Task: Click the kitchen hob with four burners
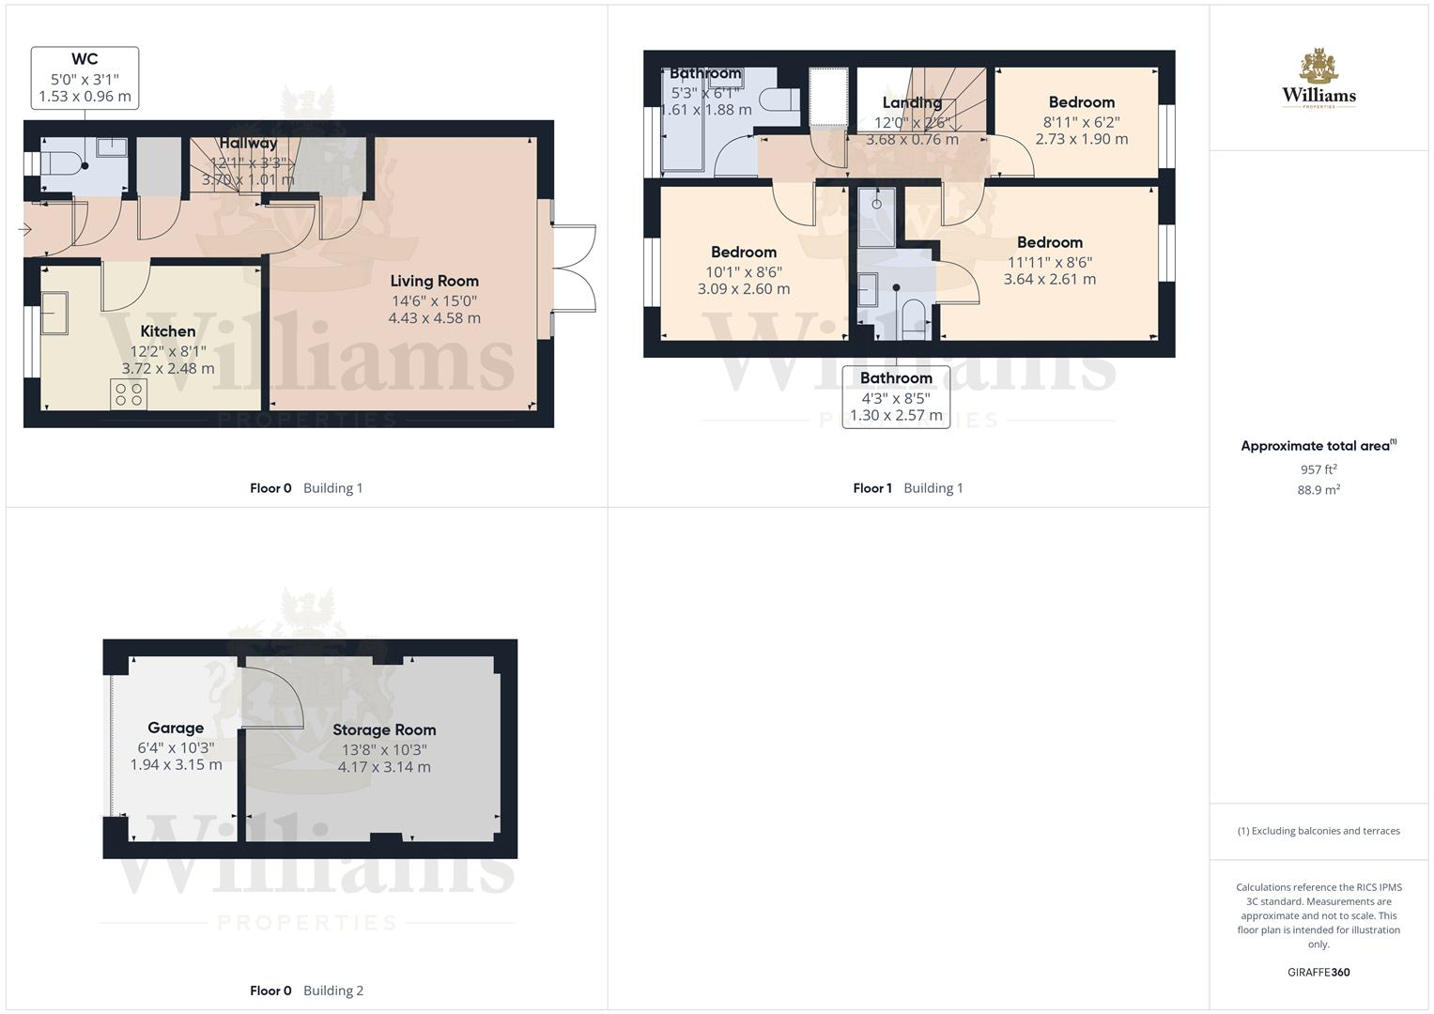(130, 393)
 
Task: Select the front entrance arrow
(23, 229)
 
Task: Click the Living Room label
(434, 281)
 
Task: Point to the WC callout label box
(85, 78)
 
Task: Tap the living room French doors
(574, 269)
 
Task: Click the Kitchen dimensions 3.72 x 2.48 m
(168, 368)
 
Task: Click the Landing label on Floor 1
(911, 102)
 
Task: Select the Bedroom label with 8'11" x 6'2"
(1081, 102)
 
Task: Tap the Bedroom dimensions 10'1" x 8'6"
(744, 271)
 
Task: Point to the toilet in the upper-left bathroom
(776, 100)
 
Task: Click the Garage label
(176, 728)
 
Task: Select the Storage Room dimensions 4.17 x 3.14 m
(384, 767)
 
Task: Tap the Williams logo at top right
(1318, 79)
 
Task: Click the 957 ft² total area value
(1318, 469)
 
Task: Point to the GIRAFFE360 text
(1318, 972)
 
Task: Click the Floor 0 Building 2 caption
(306, 991)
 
